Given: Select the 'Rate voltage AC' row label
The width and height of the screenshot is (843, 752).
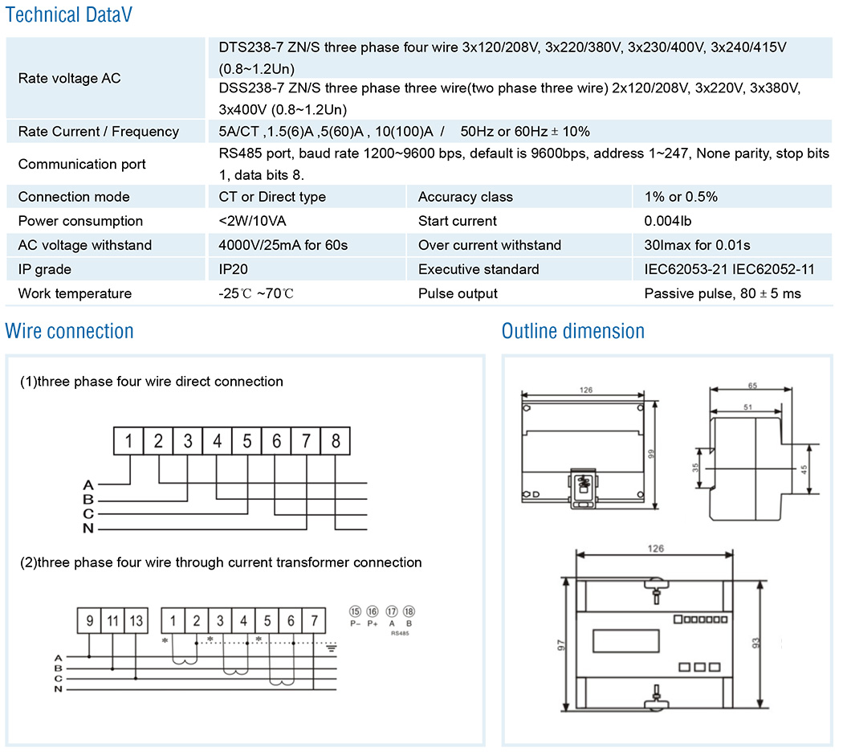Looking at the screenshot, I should coord(69,79).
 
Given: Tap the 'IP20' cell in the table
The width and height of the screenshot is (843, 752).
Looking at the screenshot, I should coord(233,269).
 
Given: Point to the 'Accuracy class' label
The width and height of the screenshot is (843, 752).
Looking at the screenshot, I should coord(465,197).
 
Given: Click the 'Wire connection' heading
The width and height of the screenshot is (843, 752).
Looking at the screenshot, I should coord(69,331).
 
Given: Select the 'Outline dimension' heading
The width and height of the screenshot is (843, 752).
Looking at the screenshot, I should coord(572,331).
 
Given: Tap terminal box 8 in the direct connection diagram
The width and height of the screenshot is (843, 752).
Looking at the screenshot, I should coord(335,440).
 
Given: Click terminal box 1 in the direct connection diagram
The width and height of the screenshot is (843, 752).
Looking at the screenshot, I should coord(128,440).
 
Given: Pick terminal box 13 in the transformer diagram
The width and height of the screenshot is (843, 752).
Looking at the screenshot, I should coord(136,620).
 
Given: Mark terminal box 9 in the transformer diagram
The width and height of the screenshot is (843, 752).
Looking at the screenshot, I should coord(89,620).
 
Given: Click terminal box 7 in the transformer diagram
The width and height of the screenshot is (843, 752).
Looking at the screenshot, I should coord(315,620).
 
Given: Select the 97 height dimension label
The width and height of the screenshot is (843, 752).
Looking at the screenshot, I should coord(560,644).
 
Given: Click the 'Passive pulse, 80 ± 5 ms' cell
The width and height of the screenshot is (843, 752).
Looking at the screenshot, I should coord(723,293).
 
